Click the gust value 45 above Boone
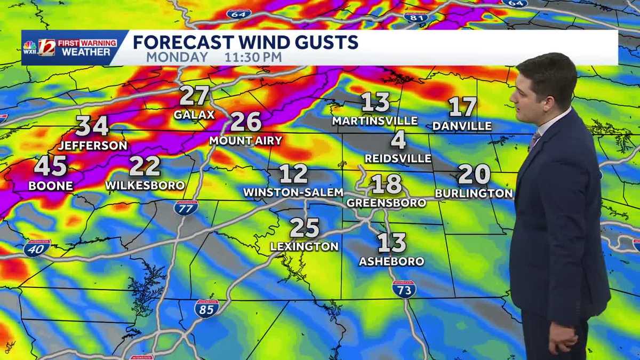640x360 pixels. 51,166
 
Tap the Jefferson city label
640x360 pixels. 93,146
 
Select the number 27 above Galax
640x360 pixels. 194,96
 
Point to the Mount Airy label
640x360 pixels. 245,141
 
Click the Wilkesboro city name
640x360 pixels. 145,186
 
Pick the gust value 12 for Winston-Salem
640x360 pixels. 293,174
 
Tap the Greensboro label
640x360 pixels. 386,203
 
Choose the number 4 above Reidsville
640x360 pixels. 398,140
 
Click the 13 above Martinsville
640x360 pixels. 375,102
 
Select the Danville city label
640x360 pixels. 462,126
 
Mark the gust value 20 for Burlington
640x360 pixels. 474,174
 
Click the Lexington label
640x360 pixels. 304,246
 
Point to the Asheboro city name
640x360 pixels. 391,261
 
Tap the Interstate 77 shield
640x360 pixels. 186,207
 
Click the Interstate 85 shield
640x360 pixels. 206,308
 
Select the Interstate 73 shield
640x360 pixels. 404,289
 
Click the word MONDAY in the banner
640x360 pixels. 177,57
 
